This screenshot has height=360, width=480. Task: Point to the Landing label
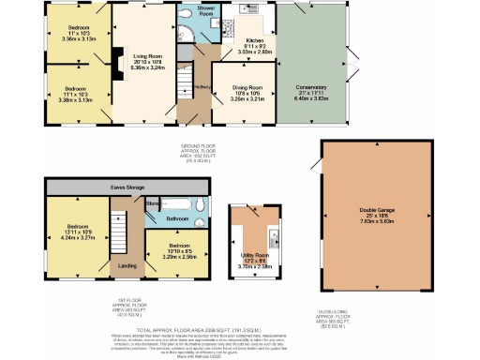125,265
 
